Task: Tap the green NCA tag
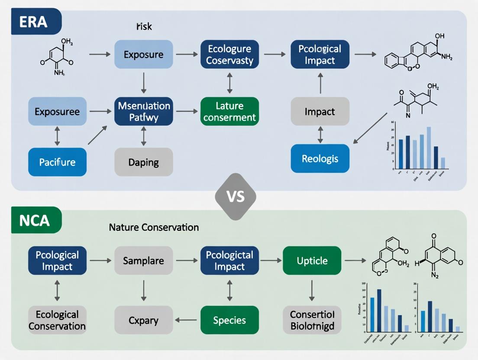(35, 220)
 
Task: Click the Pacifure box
(58, 162)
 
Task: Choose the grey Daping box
(143, 162)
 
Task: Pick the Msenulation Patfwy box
(143, 111)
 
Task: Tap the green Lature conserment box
(229, 111)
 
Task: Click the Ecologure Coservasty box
(229, 55)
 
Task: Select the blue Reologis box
(320, 158)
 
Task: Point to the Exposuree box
(58, 111)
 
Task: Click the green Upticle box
(312, 260)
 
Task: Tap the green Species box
(229, 320)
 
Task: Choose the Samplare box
(143, 260)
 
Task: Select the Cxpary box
(143, 320)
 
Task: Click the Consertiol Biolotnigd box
(312, 320)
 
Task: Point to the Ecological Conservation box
(58, 320)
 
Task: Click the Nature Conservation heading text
(154, 227)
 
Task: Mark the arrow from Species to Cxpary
(186, 320)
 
